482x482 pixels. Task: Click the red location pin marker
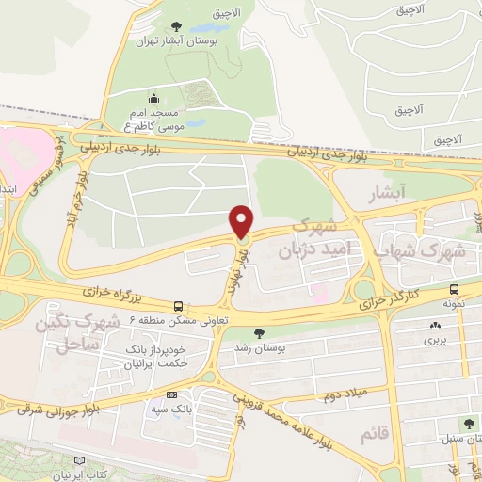(x=243, y=221)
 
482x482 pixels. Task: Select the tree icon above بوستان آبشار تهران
(x=178, y=25)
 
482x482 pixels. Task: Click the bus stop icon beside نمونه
(x=455, y=290)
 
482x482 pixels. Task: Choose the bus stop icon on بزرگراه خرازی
(x=178, y=306)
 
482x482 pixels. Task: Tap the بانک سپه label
(x=170, y=410)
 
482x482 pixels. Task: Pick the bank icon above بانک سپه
(x=170, y=395)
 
